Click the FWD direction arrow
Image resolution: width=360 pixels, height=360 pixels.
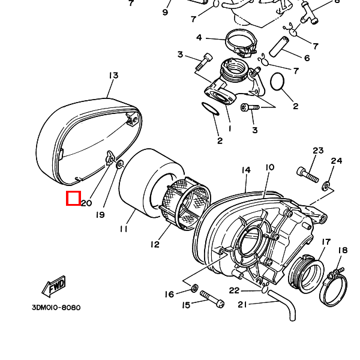pos(54,287)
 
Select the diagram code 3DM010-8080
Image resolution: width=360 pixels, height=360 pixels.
pos(56,307)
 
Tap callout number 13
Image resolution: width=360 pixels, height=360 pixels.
pos(113,76)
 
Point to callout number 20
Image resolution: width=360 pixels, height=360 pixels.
pos(86,203)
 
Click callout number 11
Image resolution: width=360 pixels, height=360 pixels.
pos(124,229)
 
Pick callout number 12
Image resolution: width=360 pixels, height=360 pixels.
pos(155,244)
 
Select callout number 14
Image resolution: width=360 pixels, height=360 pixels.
pos(245,170)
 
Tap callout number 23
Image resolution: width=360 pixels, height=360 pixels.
pos(318,151)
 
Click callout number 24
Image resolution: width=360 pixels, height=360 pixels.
pos(337,161)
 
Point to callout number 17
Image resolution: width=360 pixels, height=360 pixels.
pos(326,242)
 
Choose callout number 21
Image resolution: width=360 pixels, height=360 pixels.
pos(242,304)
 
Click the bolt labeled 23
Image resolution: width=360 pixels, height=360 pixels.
pos(308,175)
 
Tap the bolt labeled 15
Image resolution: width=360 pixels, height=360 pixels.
pos(212,299)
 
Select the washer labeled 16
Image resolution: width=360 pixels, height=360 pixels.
pos(195,288)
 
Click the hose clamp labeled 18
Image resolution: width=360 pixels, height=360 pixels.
pos(333,287)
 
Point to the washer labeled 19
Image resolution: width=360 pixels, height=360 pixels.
pos(119,164)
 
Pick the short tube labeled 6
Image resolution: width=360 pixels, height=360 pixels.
pos(278,46)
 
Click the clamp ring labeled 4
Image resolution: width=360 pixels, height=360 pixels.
pos(241,43)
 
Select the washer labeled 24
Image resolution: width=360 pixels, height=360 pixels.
pos(326,185)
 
